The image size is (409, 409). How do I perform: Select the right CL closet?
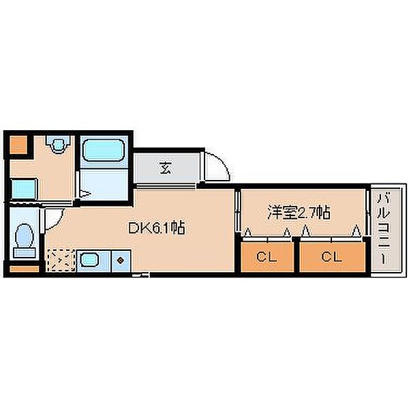point(331,257)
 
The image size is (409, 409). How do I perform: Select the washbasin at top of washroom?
point(59,144)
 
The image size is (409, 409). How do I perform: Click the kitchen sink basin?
point(89,260)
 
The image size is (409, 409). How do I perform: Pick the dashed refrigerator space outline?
point(61,260)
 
